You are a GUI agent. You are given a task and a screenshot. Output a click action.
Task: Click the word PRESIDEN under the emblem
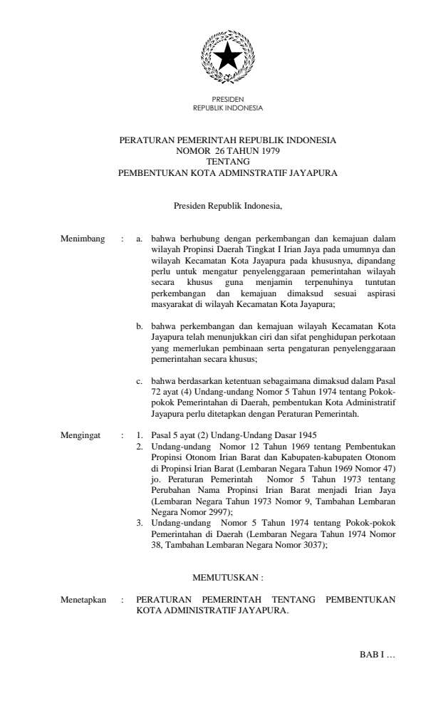click(x=228, y=103)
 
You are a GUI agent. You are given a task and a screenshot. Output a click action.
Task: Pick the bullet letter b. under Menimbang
click(x=140, y=325)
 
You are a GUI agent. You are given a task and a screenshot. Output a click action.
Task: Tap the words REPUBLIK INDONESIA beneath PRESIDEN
click(x=228, y=109)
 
